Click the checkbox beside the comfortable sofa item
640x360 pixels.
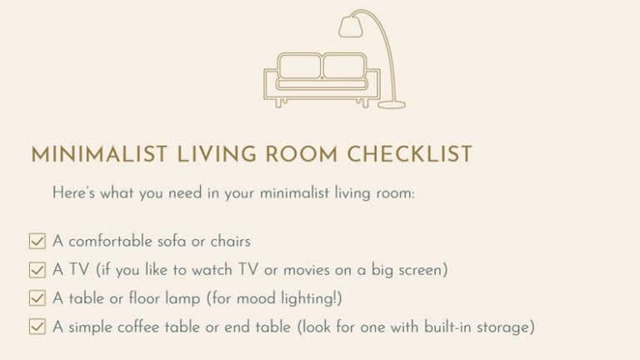37,241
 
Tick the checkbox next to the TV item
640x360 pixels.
37,270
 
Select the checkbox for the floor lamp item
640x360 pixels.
37,298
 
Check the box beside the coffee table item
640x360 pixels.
37,327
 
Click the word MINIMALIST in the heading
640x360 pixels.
99,155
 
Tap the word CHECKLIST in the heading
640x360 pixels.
409,155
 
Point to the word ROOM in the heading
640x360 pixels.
302,155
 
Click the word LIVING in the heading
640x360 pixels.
217,155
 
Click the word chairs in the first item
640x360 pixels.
231,241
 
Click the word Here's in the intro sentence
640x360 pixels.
73,192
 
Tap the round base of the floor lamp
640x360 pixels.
392,105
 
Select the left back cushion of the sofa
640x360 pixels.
300,65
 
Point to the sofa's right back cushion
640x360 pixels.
344,65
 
